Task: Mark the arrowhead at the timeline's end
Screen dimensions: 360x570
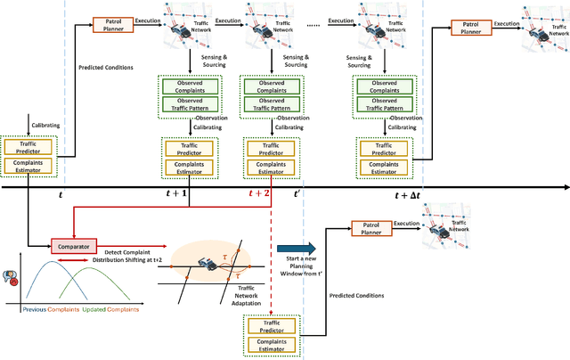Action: click(563, 188)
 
